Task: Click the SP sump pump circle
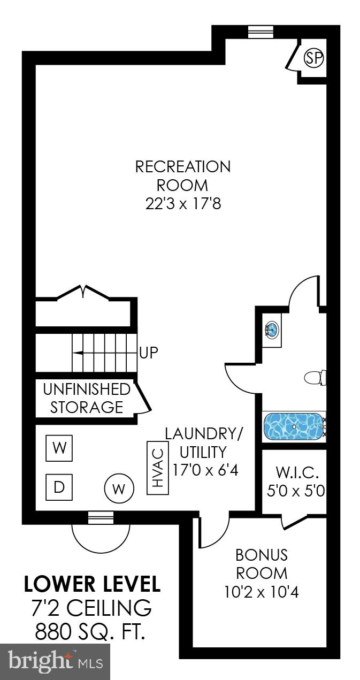click(x=314, y=58)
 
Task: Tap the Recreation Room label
click(x=182, y=176)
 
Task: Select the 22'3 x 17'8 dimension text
click(x=182, y=205)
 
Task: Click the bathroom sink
click(x=272, y=330)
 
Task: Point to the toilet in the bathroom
click(x=315, y=378)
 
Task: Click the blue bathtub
click(x=293, y=425)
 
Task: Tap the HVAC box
click(x=158, y=468)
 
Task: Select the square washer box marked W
click(x=59, y=448)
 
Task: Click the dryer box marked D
click(x=59, y=487)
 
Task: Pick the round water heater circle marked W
click(x=118, y=488)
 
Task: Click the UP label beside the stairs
click(x=149, y=353)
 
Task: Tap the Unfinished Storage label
click(x=87, y=398)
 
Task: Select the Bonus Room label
click(x=262, y=563)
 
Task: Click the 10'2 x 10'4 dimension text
click(x=262, y=592)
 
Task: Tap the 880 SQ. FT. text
click(x=90, y=633)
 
